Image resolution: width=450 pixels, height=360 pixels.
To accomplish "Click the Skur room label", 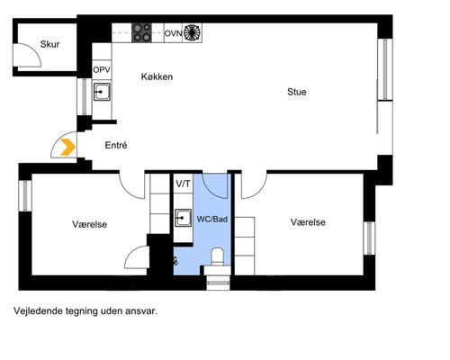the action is pyautogui.click(x=49, y=44).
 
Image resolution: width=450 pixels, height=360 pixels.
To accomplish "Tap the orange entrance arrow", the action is pyautogui.click(x=67, y=148).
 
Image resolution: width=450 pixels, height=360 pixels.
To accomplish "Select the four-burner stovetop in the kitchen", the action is pyautogui.click(x=141, y=32).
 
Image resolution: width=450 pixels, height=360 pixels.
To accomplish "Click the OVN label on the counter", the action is pyautogui.click(x=174, y=33).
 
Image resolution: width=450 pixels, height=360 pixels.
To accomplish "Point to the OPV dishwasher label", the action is pyautogui.click(x=102, y=70).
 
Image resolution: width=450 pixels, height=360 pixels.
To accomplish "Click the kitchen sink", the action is pyautogui.click(x=102, y=92).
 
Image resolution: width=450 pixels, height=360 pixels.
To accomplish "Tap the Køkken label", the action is pyautogui.click(x=157, y=76).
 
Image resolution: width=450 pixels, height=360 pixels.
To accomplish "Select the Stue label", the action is pyautogui.click(x=297, y=92).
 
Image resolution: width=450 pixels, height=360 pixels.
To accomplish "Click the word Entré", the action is pyautogui.click(x=116, y=145).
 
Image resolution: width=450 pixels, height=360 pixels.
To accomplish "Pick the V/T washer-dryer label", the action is pyautogui.click(x=183, y=184).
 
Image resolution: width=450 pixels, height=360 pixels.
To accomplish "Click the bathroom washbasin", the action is pyautogui.click(x=183, y=218).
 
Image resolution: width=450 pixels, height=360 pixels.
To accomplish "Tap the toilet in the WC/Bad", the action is pyautogui.click(x=218, y=257).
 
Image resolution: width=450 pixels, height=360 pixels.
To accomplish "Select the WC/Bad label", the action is pyautogui.click(x=212, y=220).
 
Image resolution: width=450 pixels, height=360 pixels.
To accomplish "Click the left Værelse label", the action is pyautogui.click(x=89, y=224).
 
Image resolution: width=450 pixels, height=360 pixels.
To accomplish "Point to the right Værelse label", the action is pyautogui.click(x=308, y=222).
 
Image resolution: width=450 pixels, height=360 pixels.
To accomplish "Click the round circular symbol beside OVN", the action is pyautogui.click(x=193, y=32).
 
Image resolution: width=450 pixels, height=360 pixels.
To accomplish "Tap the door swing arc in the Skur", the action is pyautogui.click(x=35, y=51).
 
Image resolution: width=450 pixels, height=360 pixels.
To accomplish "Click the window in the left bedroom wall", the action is pyautogui.click(x=25, y=195).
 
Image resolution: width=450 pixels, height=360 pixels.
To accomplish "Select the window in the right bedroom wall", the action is pyautogui.click(x=369, y=238).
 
